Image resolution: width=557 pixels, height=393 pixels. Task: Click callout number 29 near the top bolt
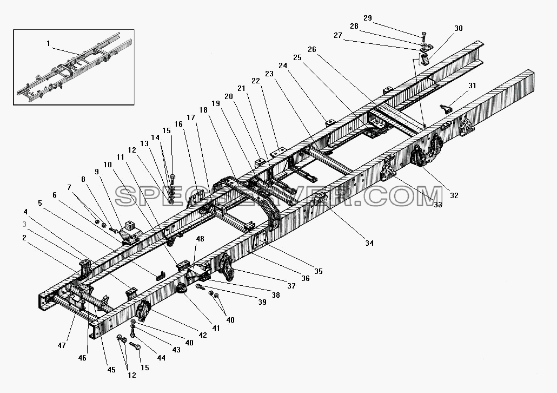pyautogui.click(x=368, y=18)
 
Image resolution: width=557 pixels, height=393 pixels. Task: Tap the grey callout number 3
pyautogui.click(x=24, y=225)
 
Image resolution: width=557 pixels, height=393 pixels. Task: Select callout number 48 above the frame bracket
pyautogui.click(x=200, y=239)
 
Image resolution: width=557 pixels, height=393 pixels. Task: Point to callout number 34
pyautogui.click(x=369, y=243)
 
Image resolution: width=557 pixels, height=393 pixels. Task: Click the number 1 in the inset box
pyautogui.click(x=48, y=43)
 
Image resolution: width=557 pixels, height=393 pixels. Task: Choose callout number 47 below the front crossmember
pyautogui.click(x=62, y=345)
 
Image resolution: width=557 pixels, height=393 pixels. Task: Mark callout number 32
pyautogui.click(x=454, y=195)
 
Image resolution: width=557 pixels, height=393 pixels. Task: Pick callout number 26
pyautogui.click(x=311, y=49)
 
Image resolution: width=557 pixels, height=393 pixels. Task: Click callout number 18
pyautogui.click(x=203, y=110)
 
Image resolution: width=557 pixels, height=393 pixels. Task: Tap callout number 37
pyautogui.click(x=291, y=286)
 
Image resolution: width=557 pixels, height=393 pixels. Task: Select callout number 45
pyautogui.click(x=111, y=370)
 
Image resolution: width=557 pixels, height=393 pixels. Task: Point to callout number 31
pyautogui.click(x=472, y=86)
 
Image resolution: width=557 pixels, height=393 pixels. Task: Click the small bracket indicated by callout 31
pyautogui.click(x=446, y=109)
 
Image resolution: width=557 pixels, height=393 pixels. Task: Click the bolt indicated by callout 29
pyautogui.click(x=423, y=36)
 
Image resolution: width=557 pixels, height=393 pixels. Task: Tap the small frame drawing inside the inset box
pyautogui.click(x=74, y=68)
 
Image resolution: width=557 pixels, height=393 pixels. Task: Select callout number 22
pyautogui.click(x=256, y=81)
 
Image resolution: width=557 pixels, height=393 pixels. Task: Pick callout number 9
pyautogui.click(x=97, y=172)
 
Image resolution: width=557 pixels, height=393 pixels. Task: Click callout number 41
pyautogui.click(x=216, y=328)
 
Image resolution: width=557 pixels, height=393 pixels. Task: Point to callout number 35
pyautogui.click(x=319, y=271)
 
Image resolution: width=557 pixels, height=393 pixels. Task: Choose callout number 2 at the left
pyautogui.click(x=24, y=238)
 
